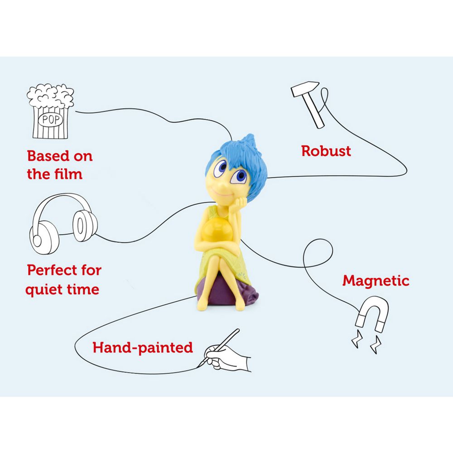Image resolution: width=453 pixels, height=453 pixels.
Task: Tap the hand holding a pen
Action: point(226,353)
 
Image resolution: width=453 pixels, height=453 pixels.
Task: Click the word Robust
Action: point(326,151)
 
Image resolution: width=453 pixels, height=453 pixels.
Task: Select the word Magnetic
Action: point(376,281)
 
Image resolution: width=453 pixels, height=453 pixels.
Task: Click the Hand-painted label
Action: point(143,348)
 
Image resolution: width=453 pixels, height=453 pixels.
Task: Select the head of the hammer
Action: point(301,90)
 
